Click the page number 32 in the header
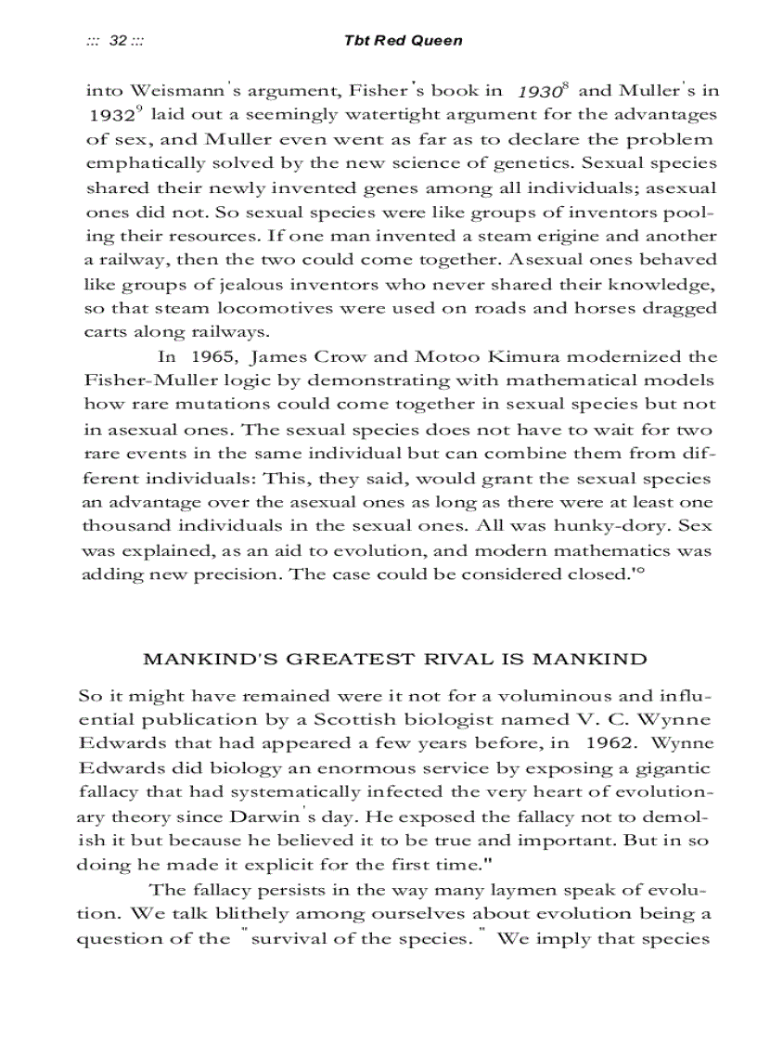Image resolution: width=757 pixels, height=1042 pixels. point(118,41)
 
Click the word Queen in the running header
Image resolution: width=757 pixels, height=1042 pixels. point(439,41)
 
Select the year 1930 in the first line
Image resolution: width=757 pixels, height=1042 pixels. point(536,93)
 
